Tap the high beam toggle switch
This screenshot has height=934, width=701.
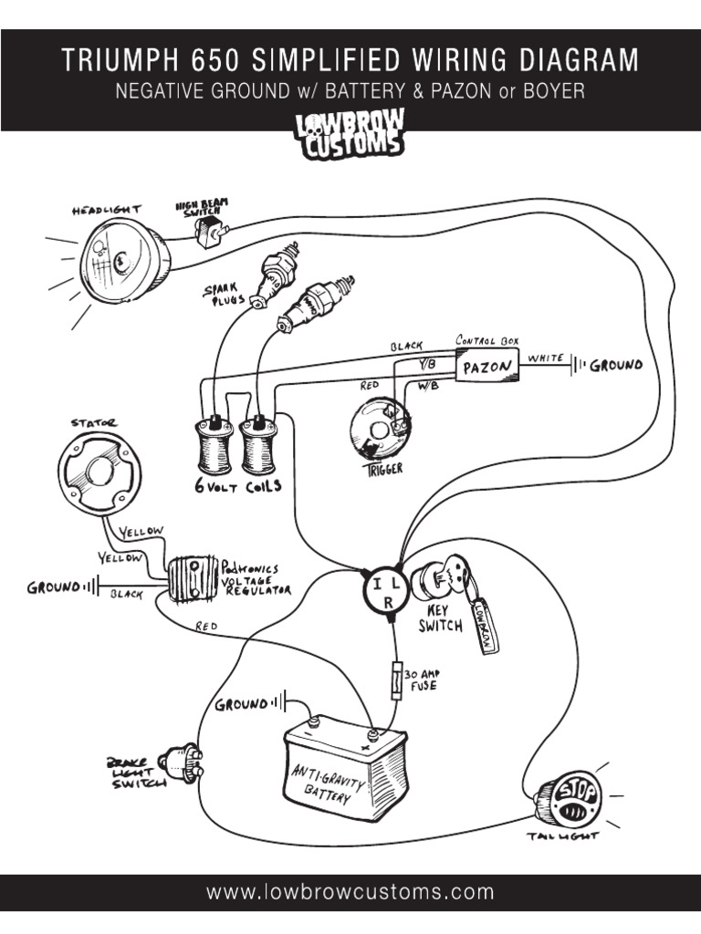point(207,233)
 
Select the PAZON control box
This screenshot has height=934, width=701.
point(488,368)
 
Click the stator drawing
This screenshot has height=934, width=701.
point(100,471)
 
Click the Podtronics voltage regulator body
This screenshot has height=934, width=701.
point(193,580)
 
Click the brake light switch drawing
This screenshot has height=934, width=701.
point(182,764)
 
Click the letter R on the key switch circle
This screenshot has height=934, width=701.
point(387,603)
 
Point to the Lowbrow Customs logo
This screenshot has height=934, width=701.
point(350,136)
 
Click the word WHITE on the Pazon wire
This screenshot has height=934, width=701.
point(546,358)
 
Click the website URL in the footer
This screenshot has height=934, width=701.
point(350,892)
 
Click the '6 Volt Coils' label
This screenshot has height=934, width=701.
point(237,486)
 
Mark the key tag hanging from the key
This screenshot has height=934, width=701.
point(482,626)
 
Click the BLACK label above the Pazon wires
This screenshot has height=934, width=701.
point(406,347)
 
